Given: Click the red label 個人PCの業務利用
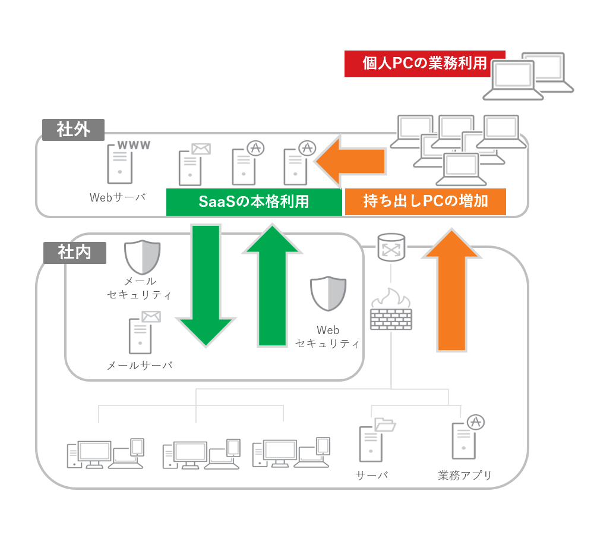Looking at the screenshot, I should pyautogui.click(x=424, y=64).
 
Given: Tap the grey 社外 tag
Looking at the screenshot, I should pyautogui.click(x=73, y=130).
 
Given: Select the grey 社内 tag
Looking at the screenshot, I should pyautogui.click(x=74, y=252).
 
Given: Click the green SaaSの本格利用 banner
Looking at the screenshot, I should pyautogui.click(x=254, y=202).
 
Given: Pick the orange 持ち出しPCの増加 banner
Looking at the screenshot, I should pyautogui.click(x=425, y=202).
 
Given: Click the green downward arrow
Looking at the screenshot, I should pyautogui.click(x=206, y=285).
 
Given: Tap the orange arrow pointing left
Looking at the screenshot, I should pyautogui.click(x=350, y=160).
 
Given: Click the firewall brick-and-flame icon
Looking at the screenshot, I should pyautogui.click(x=391, y=309).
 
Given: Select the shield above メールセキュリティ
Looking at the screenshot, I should pyautogui.click(x=143, y=257).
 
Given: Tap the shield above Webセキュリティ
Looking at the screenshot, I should pyautogui.click(x=328, y=294).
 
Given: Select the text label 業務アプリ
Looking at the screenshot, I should pyautogui.click(x=465, y=476).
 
